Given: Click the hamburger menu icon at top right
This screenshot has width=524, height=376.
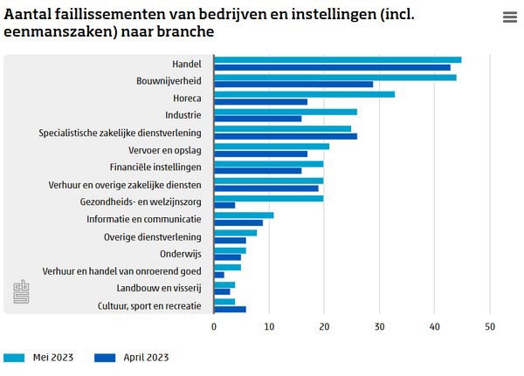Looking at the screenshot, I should point(510,17).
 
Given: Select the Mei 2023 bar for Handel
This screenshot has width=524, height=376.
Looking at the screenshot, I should point(338,59).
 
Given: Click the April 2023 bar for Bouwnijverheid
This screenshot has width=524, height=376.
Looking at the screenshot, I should point(293,84).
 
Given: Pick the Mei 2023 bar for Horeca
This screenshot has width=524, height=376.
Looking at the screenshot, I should point(305,93).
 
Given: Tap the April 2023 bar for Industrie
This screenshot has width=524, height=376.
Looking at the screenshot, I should point(258,119).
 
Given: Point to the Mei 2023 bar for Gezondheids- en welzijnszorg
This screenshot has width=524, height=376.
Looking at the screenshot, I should point(269,197).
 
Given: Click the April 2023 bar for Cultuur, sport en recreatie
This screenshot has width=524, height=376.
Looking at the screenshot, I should point(231,310).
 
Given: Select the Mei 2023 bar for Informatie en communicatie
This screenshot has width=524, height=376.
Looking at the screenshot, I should point(244,215).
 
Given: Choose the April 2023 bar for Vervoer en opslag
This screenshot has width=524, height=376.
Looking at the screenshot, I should point(260,154).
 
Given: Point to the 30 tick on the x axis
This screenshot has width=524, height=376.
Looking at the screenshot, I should point(380,326).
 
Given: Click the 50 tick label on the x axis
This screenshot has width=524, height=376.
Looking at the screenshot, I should point(490,326).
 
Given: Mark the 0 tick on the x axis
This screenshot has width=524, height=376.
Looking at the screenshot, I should point(214,326).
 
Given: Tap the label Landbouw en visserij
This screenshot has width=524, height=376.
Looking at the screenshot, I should point(159,288).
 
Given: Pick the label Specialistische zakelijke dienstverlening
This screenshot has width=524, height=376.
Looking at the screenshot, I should point(121,133).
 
